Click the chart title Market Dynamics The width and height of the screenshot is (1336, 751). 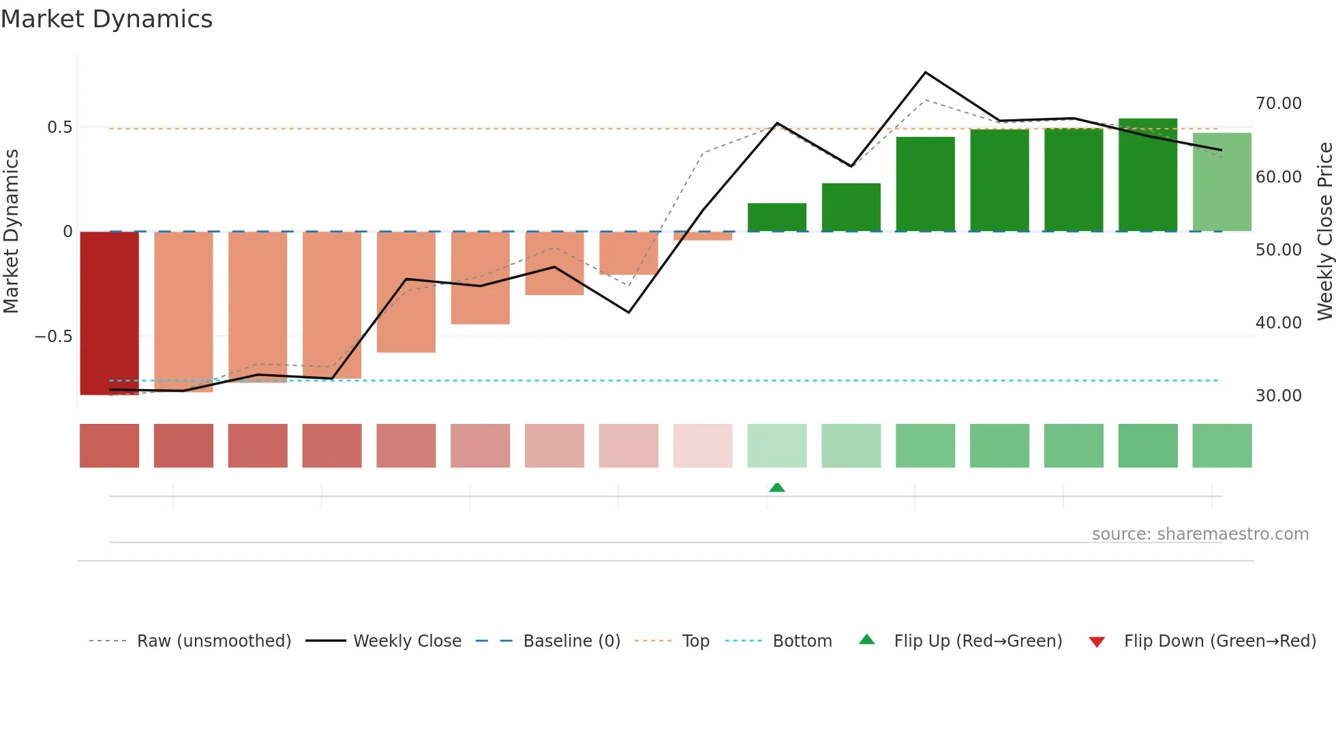coord(106,19)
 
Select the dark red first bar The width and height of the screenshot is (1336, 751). coord(109,313)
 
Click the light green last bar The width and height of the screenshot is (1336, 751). coord(1221,182)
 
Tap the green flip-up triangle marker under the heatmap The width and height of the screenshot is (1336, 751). coord(777,487)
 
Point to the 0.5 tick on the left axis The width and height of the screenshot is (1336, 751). coord(59,127)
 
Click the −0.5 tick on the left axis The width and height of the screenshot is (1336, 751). coord(53,337)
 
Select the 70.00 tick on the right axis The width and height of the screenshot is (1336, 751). coord(1278,104)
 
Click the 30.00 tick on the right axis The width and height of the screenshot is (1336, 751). coord(1278,396)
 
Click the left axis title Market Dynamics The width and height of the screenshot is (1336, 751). coord(11,231)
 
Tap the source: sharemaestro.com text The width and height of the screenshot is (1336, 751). coord(1200,534)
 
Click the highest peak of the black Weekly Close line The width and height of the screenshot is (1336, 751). coord(925,72)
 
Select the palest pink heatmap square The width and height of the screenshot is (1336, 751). coord(703,446)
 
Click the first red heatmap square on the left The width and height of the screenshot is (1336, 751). coord(109,446)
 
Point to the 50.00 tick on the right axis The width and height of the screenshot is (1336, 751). coord(1278,250)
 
